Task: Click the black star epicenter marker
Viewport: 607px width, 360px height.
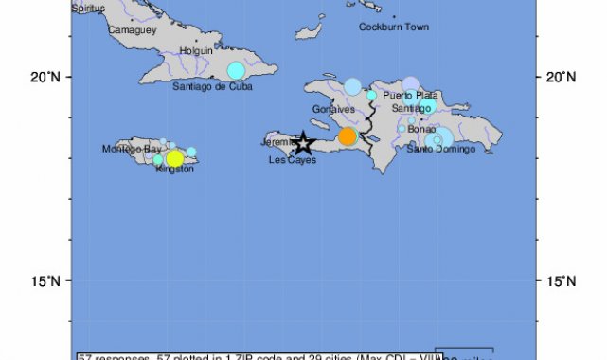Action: (x=302, y=143)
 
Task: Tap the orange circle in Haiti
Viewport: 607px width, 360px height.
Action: (x=348, y=136)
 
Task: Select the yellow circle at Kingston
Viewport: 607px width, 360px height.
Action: (x=174, y=158)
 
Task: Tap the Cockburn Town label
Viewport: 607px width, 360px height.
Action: (x=394, y=27)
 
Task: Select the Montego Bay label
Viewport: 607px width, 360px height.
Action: (x=132, y=149)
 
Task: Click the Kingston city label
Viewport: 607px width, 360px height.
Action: (x=173, y=169)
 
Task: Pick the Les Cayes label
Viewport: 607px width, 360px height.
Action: (x=293, y=160)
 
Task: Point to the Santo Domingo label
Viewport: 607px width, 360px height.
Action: (x=439, y=149)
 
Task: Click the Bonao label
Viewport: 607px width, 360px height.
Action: (x=421, y=129)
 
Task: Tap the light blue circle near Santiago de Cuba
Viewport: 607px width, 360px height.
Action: (x=236, y=70)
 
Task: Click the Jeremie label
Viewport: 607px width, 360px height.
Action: (x=277, y=142)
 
